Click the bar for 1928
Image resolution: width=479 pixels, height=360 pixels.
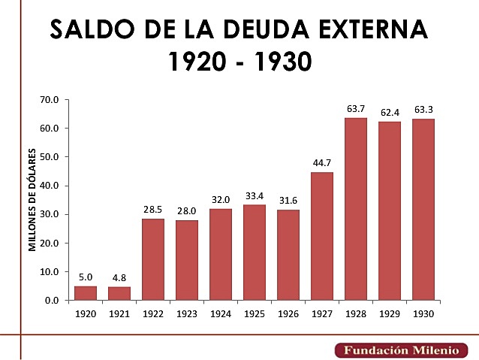pyautogui.click(x=356, y=209)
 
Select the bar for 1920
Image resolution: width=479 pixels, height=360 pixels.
pyautogui.click(x=86, y=292)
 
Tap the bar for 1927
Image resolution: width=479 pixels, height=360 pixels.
pyautogui.click(x=322, y=236)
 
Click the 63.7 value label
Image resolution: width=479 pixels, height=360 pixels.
pyautogui.click(x=356, y=109)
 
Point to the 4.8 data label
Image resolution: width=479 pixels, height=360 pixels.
pyautogui.click(x=119, y=278)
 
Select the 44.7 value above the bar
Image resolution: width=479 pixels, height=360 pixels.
pyautogui.click(x=322, y=163)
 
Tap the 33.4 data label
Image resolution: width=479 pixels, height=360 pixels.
pyautogui.click(x=255, y=196)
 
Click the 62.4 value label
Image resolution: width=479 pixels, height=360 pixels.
pyautogui.click(x=390, y=113)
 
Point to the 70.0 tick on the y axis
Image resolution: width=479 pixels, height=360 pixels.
pyautogui.click(x=50, y=99)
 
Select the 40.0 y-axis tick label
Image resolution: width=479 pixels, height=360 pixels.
pyautogui.click(x=50, y=186)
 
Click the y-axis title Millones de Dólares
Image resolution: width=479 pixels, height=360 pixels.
pyautogui.click(x=33, y=201)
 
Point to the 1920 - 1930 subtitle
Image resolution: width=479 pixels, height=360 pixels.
pyautogui.click(x=239, y=62)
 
